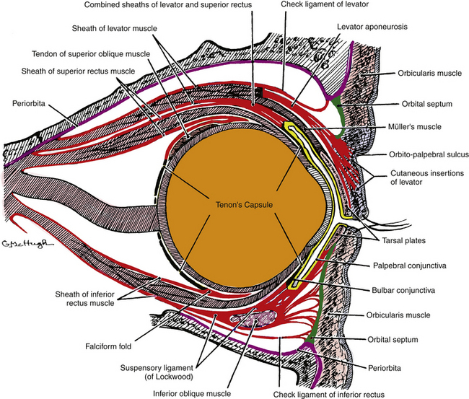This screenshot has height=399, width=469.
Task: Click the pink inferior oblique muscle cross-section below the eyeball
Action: [x=254, y=317]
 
